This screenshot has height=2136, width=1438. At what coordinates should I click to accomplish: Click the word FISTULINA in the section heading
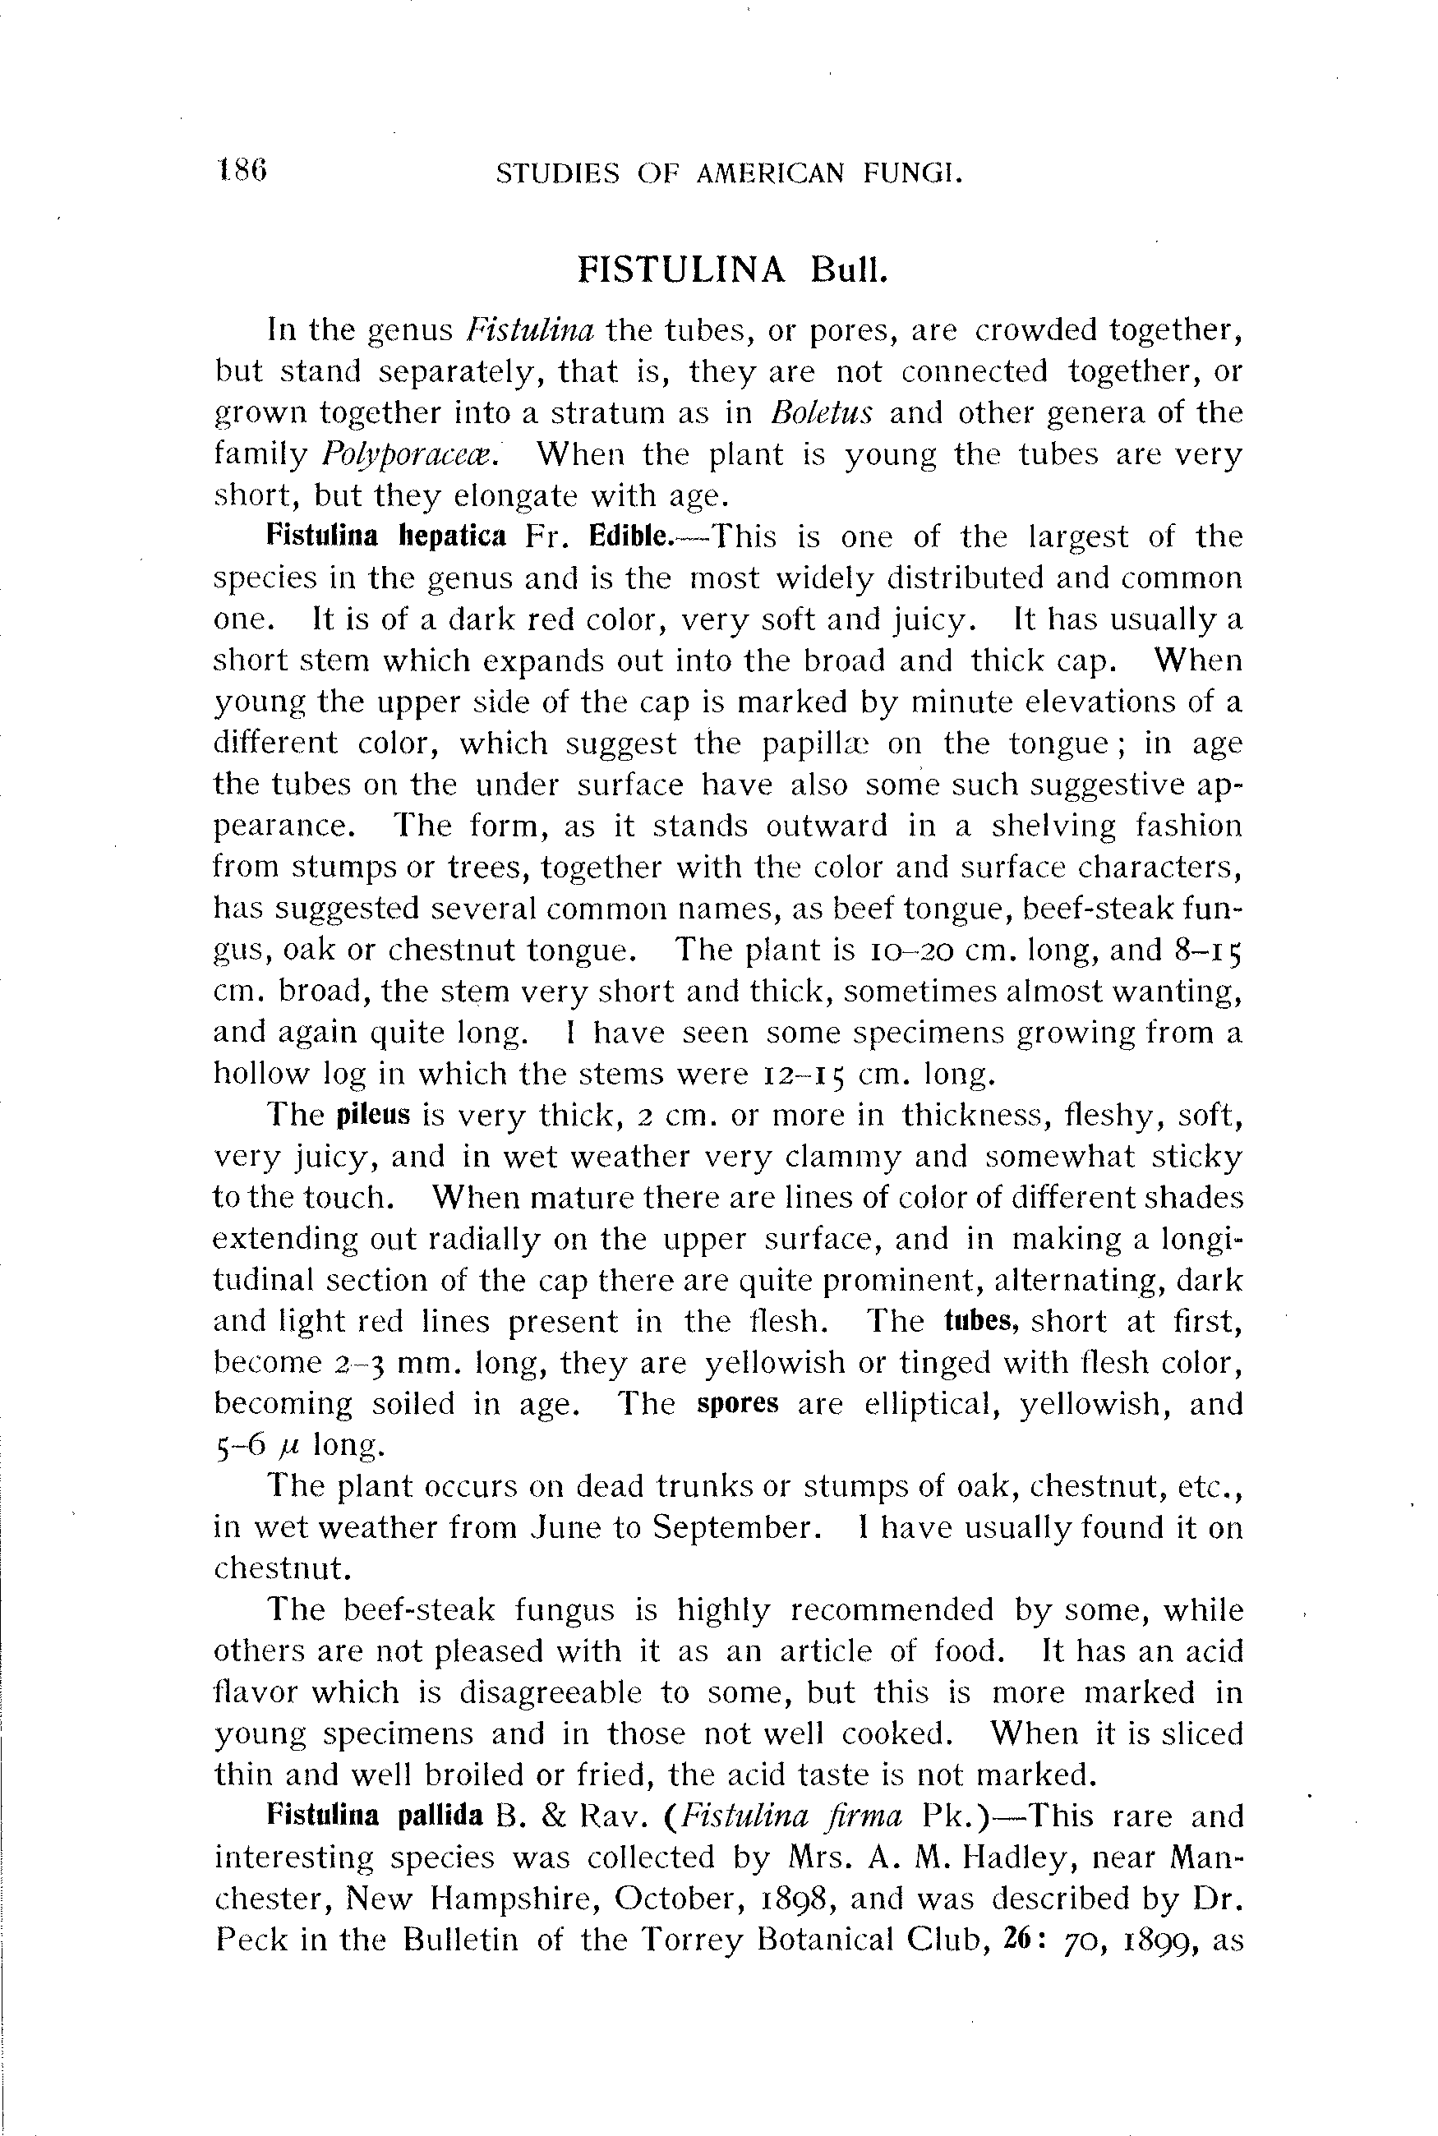pos(681,269)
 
